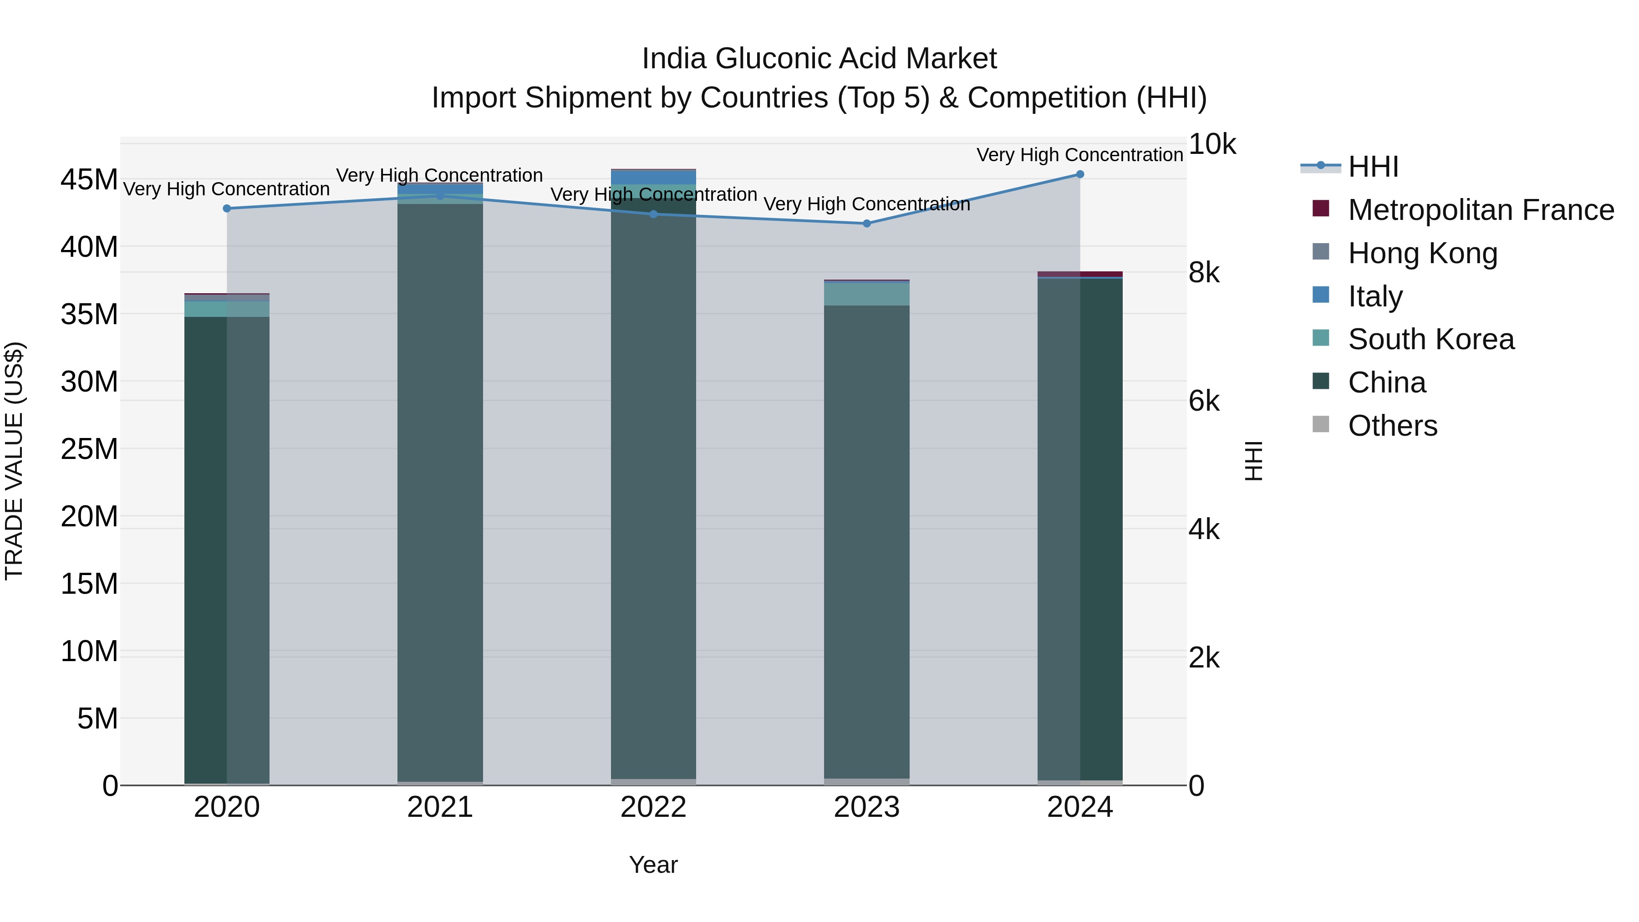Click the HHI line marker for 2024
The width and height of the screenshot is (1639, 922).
click(x=1080, y=174)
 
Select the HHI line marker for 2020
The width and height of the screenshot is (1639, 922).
click(x=227, y=208)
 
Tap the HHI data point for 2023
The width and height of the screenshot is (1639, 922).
click(x=866, y=224)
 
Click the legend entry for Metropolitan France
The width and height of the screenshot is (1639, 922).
click(x=1480, y=210)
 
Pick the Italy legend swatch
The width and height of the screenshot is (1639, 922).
click(x=1321, y=295)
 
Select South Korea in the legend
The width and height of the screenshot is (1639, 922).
click(x=1430, y=339)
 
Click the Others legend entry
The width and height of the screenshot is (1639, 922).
click(x=1392, y=426)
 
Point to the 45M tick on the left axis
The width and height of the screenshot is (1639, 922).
click(x=89, y=179)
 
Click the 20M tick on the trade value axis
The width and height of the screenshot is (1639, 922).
click(x=89, y=516)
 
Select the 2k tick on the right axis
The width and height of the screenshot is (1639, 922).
click(x=1204, y=658)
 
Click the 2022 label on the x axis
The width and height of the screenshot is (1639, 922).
click(x=653, y=807)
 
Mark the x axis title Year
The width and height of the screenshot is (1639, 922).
click(x=653, y=865)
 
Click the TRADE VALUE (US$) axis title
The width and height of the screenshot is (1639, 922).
click(x=14, y=461)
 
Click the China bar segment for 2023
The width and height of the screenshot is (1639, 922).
click(x=866, y=541)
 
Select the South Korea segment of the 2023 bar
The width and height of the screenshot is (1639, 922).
click(x=866, y=293)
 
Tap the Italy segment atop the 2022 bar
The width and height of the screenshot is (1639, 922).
click(x=653, y=177)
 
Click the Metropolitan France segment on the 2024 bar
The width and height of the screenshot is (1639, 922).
click(x=1080, y=274)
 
